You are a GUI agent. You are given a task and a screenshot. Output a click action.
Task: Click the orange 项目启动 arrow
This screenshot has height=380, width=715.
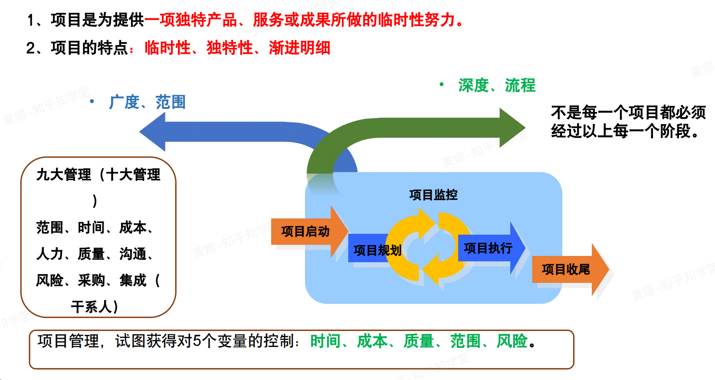pyautogui.click(x=306, y=232)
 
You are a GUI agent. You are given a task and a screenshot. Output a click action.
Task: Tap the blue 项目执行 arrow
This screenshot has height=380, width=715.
pyautogui.click(x=489, y=248)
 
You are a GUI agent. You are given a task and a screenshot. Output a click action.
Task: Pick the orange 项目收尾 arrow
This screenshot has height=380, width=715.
pyautogui.click(x=566, y=269)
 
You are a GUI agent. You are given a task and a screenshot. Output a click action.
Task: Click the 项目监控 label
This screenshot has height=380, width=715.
pyautogui.click(x=433, y=195)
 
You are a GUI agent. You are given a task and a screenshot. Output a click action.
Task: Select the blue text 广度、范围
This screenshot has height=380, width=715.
pyautogui.click(x=147, y=102)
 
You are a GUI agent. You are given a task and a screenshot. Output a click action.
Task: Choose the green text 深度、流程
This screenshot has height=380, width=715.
pyautogui.click(x=497, y=85)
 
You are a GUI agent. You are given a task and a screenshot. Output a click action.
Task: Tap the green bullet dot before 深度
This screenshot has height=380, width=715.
pyautogui.click(x=442, y=84)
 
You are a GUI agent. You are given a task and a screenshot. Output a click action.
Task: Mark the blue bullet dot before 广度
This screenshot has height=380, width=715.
pyautogui.click(x=92, y=102)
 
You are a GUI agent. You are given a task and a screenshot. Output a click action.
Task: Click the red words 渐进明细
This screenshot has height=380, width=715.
pyautogui.click(x=299, y=48)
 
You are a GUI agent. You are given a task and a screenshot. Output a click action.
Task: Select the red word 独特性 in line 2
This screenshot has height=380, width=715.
pyautogui.click(x=230, y=48)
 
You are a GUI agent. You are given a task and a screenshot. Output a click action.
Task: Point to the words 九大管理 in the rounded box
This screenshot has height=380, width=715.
pyautogui.click(x=64, y=174)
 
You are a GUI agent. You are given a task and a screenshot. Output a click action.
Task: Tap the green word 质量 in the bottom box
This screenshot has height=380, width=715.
pyautogui.click(x=419, y=341)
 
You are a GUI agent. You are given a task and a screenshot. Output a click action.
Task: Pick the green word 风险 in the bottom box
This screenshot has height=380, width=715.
pyautogui.click(x=512, y=341)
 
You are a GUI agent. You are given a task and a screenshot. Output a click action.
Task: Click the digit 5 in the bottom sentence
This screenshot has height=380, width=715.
pyautogui.click(x=197, y=341)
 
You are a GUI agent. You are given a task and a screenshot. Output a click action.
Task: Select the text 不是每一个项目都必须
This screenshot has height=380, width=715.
pyautogui.click(x=628, y=112)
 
